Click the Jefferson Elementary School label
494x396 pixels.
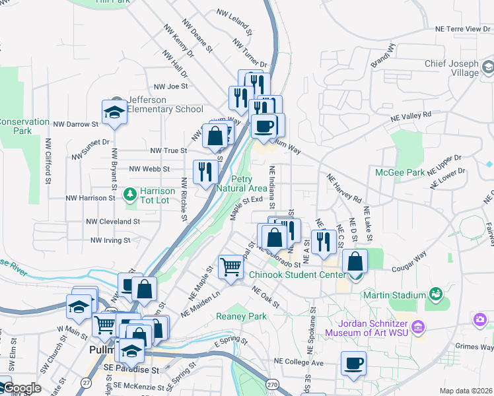click(x=165, y=104)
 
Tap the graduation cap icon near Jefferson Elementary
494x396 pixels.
click(x=114, y=112)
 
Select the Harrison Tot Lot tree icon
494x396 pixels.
click(x=129, y=194)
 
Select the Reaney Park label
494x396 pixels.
click(x=242, y=316)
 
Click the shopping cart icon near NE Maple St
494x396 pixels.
click(x=230, y=267)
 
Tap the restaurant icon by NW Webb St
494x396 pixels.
click(x=205, y=172)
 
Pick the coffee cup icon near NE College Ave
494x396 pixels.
click(x=353, y=363)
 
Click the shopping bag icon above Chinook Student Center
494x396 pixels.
click(x=355, y=262)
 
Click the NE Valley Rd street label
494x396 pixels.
click(x=410, y=115)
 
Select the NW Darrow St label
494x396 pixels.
click(x=76, y=123)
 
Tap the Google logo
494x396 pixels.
click(x=22, y=388)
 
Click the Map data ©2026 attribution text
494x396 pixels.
click(x=465, y=391)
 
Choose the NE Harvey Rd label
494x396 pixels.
click(x=344, y=187)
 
